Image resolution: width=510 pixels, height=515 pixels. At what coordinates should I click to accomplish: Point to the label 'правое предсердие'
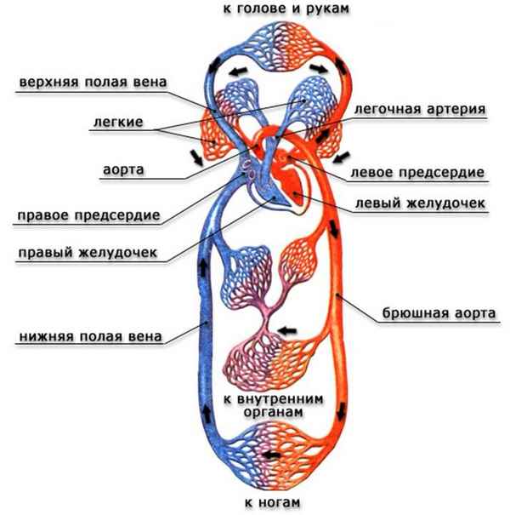coord(88,215)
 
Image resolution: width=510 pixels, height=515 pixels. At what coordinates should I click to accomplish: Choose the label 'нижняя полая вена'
coord(89,334)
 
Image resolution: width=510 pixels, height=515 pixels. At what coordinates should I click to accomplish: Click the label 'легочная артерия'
coord(419,110)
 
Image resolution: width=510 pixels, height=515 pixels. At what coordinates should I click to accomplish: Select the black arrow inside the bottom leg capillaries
coord(272,455)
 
